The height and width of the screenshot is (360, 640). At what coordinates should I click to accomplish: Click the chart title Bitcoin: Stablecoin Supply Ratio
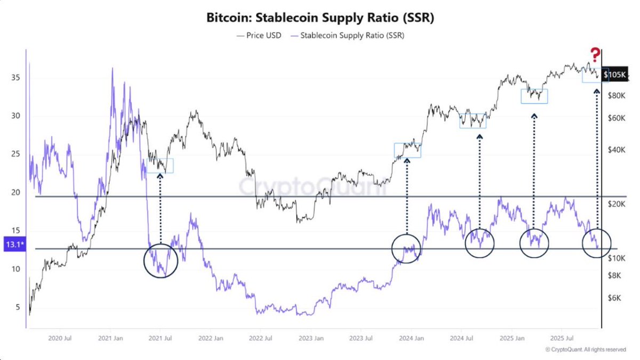[x=320, y=17]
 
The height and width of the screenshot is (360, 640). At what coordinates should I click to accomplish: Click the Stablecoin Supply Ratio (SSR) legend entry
[x=348, y=35]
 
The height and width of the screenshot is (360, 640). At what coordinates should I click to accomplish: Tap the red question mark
[x=595, y=54]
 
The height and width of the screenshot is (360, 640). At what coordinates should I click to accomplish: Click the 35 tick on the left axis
[x=15, y=77]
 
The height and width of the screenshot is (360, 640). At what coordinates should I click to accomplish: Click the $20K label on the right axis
[x=617, y=204]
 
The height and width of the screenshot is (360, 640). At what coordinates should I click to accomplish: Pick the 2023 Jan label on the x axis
[x=310, y=338]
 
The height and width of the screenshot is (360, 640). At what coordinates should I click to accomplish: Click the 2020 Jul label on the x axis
[x=60, y=338]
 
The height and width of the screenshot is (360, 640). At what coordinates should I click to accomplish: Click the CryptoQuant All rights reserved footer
[x=586, y=349]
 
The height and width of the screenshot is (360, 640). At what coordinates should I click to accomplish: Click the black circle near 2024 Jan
[x=406, y=248]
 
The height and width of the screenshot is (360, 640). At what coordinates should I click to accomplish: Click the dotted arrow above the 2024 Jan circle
[x=406, y=197]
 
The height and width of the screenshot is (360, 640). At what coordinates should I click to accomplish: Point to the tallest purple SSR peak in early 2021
[x=112, y=69]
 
